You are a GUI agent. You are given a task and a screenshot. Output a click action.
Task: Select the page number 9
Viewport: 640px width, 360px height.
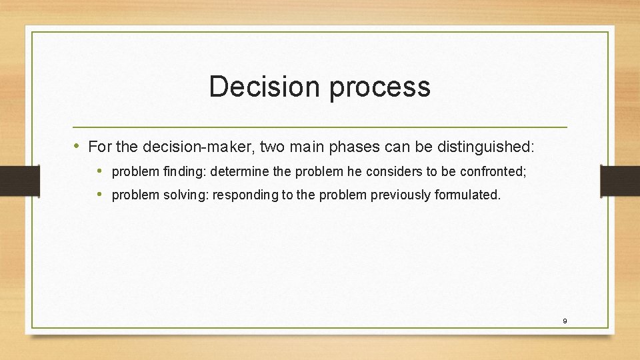pyautogui.click(x=565, y=321)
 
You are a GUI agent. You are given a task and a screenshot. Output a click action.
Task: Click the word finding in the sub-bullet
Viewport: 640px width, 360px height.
pyautogui.click(x=184, y=171)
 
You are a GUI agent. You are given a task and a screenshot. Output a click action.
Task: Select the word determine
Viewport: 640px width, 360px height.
pyautogui.click(x=241, y=171)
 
